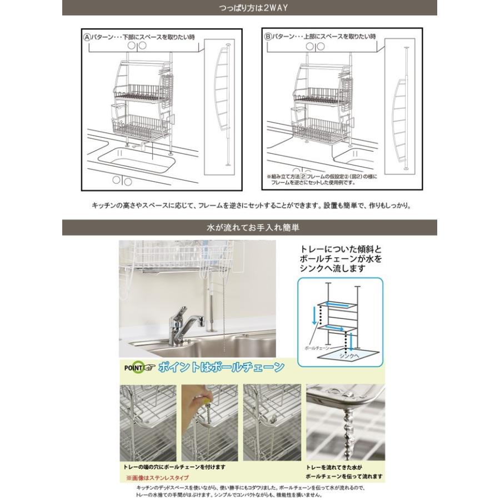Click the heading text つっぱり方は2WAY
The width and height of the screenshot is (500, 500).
249,8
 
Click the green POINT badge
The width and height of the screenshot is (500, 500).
139,367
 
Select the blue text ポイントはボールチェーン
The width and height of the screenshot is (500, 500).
221,367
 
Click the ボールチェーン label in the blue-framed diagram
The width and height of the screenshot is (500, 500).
314,346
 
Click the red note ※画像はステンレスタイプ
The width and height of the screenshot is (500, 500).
157,477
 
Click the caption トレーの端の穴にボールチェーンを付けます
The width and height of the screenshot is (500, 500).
174,468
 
